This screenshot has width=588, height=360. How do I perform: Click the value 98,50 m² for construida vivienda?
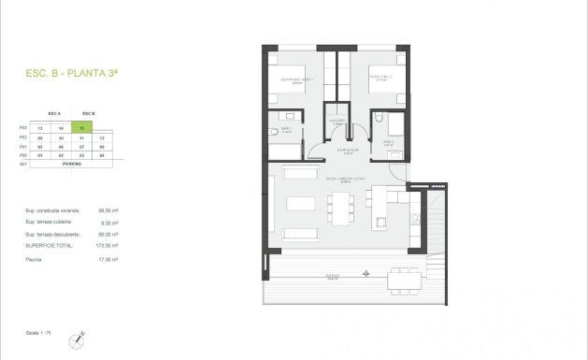pos(104,211)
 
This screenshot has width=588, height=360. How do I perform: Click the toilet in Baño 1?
pos(273,134)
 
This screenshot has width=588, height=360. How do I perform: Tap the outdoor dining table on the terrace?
pos(404,278)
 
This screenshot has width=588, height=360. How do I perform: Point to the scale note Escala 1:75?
pos(30,331)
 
